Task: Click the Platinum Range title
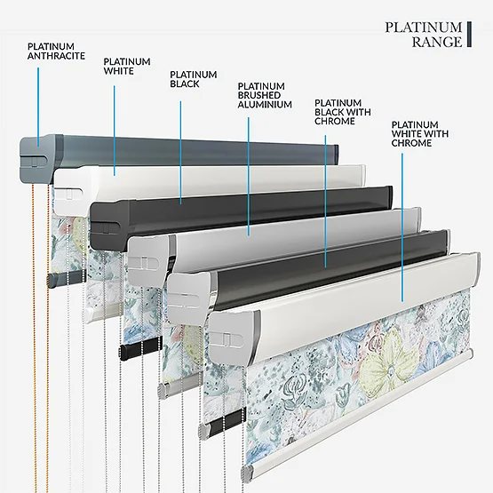click(x=424, y=35)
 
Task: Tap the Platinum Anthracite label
click(x=56, y=52)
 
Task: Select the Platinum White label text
click(x=127, y=67)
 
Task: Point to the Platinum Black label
click(x=194, y=79)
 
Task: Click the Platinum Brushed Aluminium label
click(x=265, y=96)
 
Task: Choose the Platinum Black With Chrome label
click(x=343, y=112)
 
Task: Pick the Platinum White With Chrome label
click(x=420, y=134)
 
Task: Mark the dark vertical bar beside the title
click(x=469, y=35)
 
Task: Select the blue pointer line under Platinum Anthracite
click(x=38, y=107)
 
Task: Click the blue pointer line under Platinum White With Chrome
click(x=402, y=227)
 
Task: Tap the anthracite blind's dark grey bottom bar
click(x=67, y=278)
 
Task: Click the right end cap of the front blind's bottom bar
click(x=470, y=354)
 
